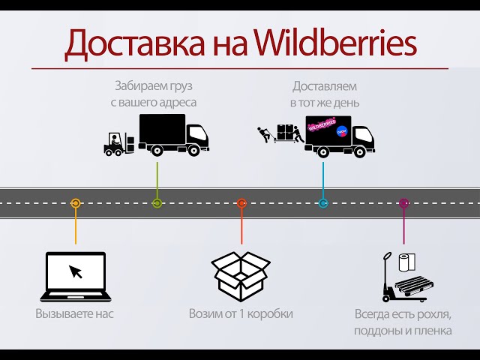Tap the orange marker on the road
tap(75, 203)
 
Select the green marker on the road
tap(157, 203)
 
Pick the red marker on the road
tap(241, 203)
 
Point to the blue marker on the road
tap(323, 203)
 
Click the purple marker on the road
tap(403, 203)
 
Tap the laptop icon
tap(75, 277)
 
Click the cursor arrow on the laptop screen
tap(76, 271)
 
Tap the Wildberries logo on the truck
tap(324, 124)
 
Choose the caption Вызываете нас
tap(74, 313)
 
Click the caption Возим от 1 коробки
tap(241, 313)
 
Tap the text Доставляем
tap(325, 85)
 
